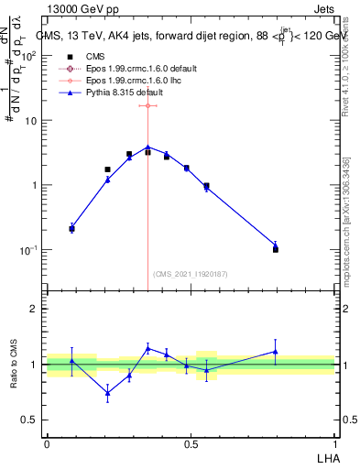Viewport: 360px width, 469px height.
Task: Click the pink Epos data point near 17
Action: tap(147, 105)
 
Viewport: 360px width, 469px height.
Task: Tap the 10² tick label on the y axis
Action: tap(29, 56)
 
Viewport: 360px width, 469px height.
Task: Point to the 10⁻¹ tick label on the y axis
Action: tap(29, 250)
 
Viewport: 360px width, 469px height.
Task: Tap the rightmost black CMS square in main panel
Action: tap(276, 249)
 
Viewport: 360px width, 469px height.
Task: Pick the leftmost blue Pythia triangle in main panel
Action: tap(72, 227)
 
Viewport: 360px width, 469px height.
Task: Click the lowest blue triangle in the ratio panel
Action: tap(107, 393)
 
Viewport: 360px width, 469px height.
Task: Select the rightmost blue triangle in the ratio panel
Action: tap(276, 351)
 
